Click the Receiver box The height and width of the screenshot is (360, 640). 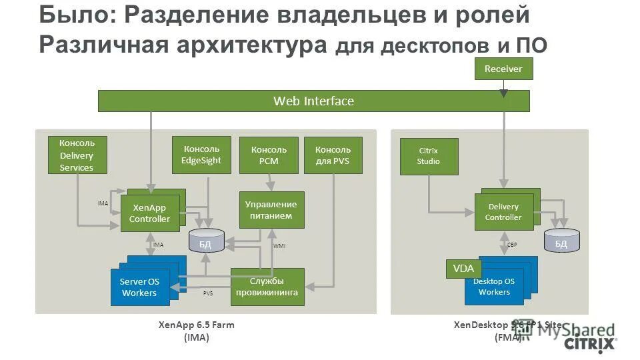point(503,69)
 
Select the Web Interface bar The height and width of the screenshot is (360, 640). point(313,101)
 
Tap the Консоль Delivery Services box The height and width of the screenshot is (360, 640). point(77,155)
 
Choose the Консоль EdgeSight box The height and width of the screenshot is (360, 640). point(201,155)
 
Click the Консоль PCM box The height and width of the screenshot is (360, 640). point(269,155)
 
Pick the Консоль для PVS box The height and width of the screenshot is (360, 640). point(333,155)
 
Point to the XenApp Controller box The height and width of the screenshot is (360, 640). point(149,213)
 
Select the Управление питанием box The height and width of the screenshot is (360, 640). point(271,210)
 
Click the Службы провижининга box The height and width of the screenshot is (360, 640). point(267,287)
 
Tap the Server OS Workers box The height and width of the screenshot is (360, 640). point(139,287)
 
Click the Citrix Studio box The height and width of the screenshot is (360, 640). point(429,156)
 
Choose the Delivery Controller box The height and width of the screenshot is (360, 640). point(503,212)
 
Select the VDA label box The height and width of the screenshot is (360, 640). point(463,269)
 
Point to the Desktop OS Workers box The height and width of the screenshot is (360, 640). point(495,287)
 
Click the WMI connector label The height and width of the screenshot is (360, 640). point(279,246)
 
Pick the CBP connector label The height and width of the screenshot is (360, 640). point(512,245)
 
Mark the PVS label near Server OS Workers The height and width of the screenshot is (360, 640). point(208,293)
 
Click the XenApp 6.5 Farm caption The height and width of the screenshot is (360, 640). point(196,325)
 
